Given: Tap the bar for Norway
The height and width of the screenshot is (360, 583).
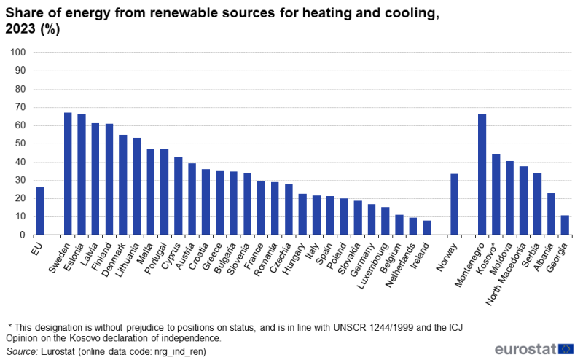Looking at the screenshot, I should coord(454,204).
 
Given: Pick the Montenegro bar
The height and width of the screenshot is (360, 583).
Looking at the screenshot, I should coord(482,174).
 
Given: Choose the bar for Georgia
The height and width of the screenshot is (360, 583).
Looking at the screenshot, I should coord(565,225).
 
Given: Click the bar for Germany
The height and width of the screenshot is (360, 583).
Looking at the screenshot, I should coord(372,219).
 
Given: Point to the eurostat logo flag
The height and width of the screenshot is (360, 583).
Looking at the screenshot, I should coord(566,348).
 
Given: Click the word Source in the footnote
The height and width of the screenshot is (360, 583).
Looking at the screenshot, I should coord(22,351).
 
